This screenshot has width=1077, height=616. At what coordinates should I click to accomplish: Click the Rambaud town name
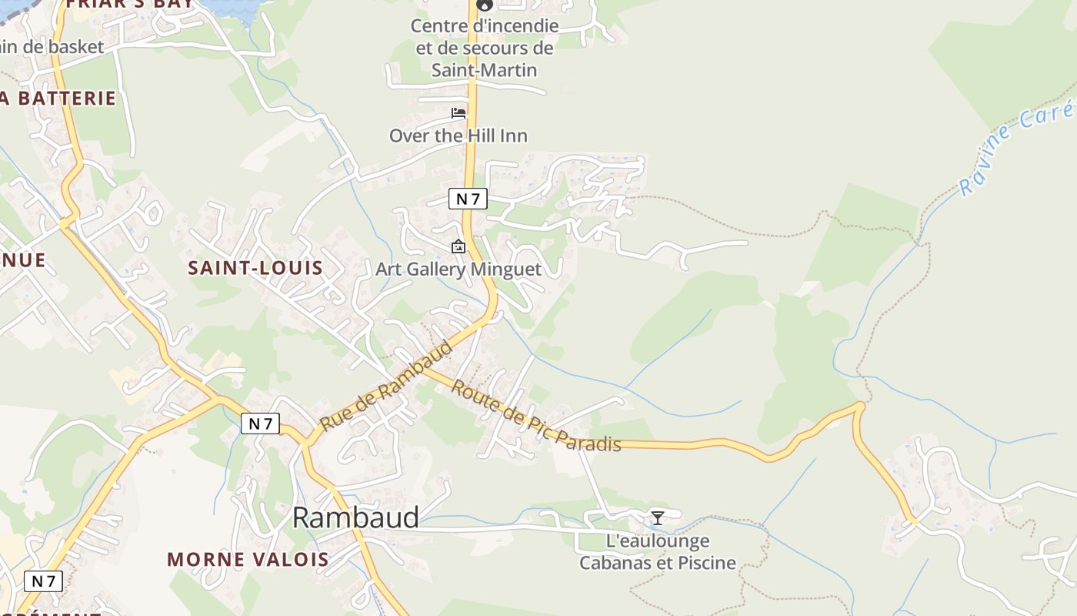(355, 517)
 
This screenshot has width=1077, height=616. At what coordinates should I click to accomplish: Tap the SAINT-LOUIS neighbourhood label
(255, 268)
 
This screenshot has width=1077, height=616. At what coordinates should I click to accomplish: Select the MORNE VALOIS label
(248, 559)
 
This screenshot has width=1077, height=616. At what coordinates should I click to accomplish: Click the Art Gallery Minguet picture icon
(458, 246)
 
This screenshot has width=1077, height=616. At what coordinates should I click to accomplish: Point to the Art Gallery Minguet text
(458, 269)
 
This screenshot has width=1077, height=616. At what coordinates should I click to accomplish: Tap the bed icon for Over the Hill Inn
(458, 113)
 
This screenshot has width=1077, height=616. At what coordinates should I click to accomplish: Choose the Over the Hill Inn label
(458, 136)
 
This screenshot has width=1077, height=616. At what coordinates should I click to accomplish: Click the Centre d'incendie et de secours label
(485, 48)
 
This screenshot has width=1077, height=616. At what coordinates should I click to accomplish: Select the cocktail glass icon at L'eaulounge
(658, 517)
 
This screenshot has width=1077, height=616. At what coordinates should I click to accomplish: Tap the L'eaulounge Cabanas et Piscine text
(658, 552)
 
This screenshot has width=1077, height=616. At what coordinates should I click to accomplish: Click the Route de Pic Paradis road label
(535, 416)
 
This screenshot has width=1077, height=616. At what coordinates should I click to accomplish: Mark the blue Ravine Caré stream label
(1015, 150)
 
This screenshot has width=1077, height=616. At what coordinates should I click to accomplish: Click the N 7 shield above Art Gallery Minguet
(468, 199)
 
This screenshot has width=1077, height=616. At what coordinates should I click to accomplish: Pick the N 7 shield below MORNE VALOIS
(43, 581)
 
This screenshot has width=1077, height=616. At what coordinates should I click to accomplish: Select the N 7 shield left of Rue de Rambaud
(260, 423)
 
